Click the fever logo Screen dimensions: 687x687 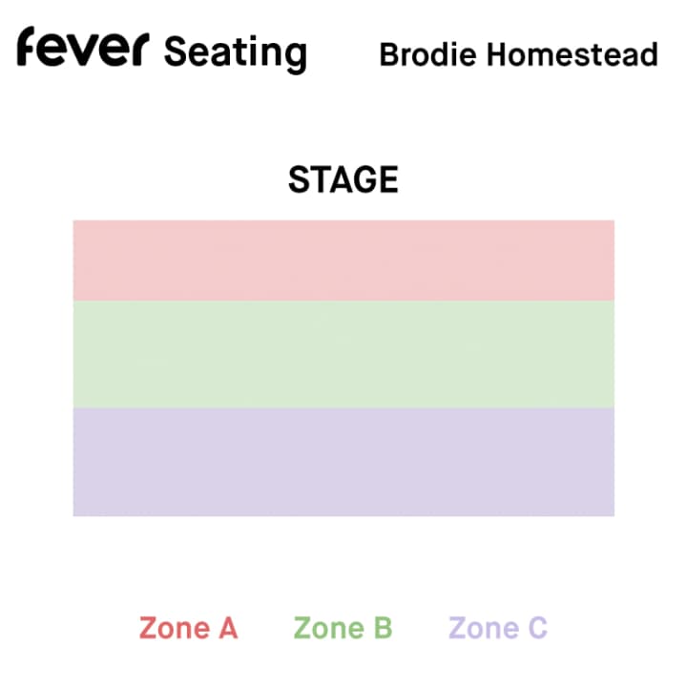click(x=83, y=47)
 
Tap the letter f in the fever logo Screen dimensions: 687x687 click(x=26, y=47)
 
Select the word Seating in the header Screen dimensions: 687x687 click(x=236, y=53)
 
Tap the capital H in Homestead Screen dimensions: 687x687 click(x=497, y=54)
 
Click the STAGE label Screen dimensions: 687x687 click(x=343, y=179)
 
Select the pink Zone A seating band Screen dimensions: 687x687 click(x=343, y=260)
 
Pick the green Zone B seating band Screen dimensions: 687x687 click(x=343, y=354)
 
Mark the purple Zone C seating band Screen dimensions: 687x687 click(x=343, y=462)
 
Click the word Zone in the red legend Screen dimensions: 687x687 click(x=175, y=628)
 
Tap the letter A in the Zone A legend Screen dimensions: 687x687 click(x=228, y=628)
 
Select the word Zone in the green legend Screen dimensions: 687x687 click(x=329, y=628)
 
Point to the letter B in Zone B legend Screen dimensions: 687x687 click(x=384, y=628)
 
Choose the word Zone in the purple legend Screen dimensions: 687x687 click(x=484, y=628)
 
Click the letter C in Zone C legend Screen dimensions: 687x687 click(x=538, y=628)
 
